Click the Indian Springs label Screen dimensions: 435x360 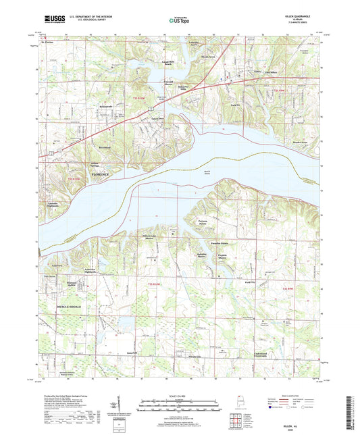(99, 164)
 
